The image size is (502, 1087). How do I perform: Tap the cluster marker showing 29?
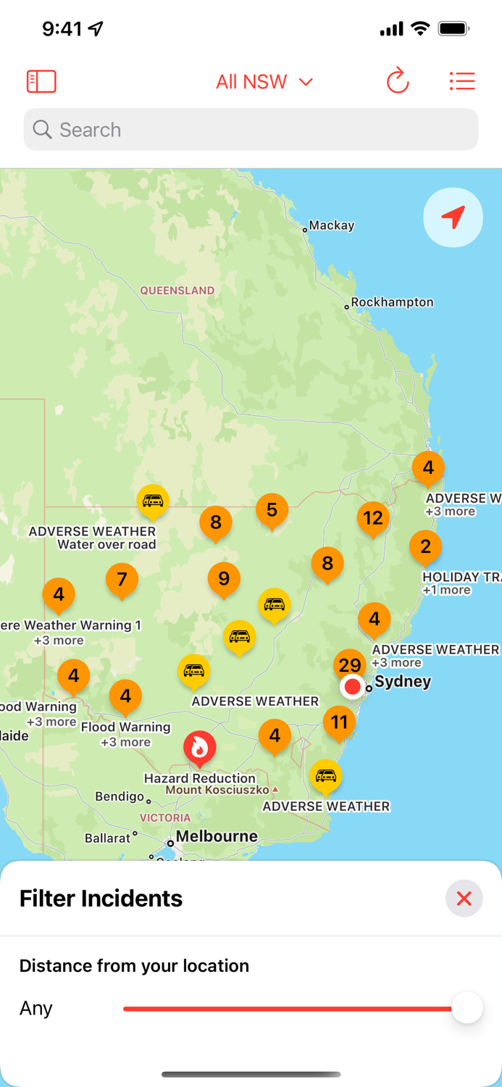click(x=350, y=664)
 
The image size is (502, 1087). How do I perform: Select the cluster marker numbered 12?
click(x=373, y=517)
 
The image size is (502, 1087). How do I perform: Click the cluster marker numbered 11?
click(x=339, y=722)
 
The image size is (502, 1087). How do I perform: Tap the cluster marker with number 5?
click(x=272, y=509)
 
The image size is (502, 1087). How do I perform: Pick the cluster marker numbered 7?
click(x=122, y=579)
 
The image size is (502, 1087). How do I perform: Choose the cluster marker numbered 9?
click(x=224, y=578)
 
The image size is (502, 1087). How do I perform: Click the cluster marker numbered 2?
click(x=425, y=546)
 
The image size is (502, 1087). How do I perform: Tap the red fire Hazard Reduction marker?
click(x=199, y=747)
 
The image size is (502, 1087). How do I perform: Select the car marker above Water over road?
click(x=153, y=500)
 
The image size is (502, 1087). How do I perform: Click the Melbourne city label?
click(x=217, y=836)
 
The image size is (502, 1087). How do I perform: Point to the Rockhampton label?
click(x=392, y=302)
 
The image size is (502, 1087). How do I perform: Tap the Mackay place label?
click(x=332, y=225)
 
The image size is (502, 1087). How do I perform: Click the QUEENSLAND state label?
click(x=177, y=291)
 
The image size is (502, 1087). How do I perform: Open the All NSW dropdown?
click(x=264, y=82)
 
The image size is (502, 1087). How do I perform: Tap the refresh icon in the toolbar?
click(x=398, y=81)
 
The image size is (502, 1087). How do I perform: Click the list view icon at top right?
click(x=462, y=81)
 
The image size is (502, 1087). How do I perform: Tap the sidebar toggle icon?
click(x=41, y=81)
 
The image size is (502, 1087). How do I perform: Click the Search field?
click(x=251, y=130)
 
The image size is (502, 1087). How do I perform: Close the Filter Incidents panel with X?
click(x=464, y=899)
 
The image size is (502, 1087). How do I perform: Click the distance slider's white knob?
click(x=467, y=1008)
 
